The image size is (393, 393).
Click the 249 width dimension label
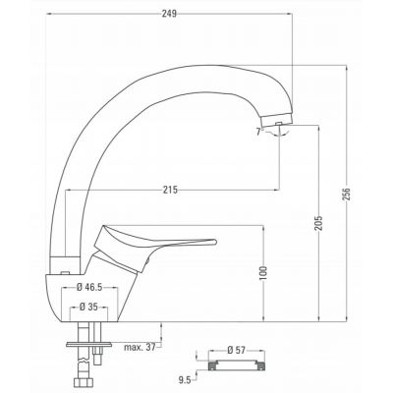pos(169,14)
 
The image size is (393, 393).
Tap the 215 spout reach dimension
pos(170,190)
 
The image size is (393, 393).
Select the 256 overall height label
pos(346,195)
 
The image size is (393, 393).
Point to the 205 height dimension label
pos(318,223)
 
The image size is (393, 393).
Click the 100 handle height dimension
pos(263,273)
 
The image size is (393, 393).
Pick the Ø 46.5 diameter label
pos(89,287)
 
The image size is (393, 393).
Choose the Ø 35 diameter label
pos(88,307)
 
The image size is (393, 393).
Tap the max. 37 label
pos(140,347)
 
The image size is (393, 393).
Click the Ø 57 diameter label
pos(236,351)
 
